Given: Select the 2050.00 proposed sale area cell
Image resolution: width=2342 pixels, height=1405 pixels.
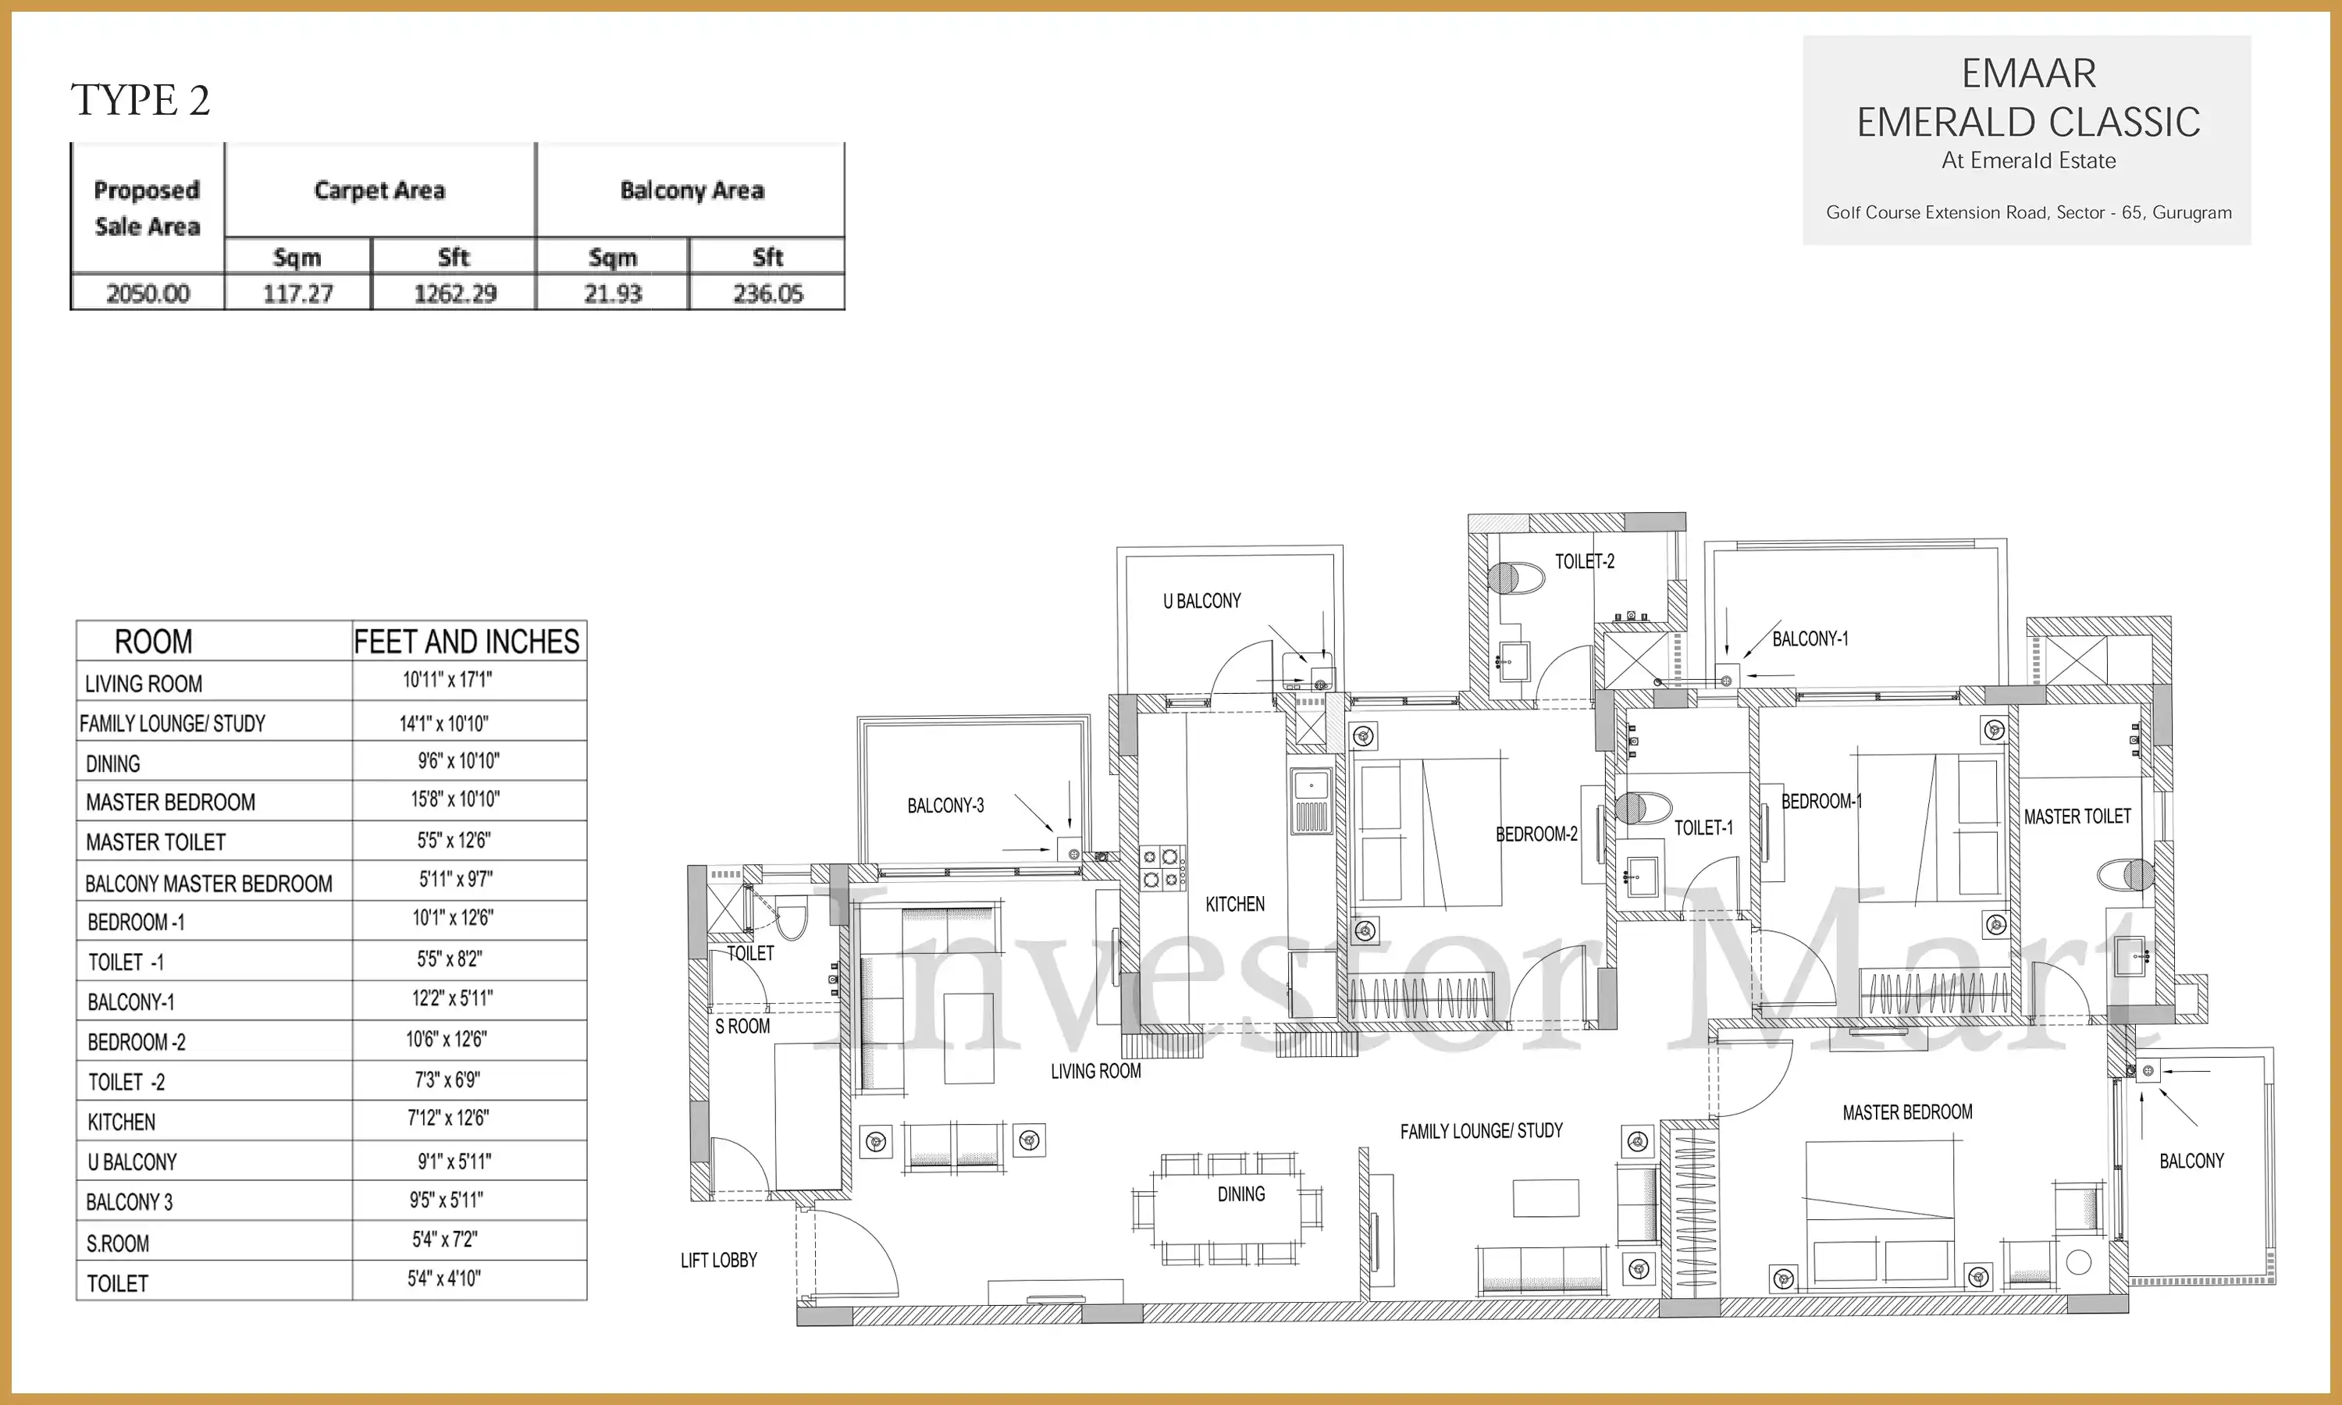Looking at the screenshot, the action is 148,293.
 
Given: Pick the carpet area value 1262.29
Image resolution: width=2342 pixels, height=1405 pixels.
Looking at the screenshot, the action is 454,293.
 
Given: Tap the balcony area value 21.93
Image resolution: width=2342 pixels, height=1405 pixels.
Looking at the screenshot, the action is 613,293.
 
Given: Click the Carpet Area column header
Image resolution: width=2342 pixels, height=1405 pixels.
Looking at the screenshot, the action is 379,190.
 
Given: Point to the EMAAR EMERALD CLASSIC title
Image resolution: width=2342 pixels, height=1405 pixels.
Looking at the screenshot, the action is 2027,98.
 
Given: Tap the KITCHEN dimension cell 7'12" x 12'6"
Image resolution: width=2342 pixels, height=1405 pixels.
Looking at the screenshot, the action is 448,1118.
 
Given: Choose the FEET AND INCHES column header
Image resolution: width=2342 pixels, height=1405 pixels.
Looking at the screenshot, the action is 466,642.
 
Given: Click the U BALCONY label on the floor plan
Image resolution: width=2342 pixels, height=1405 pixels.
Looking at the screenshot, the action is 1201,601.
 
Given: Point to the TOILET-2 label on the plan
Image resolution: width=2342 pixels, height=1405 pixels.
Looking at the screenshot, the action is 1585,561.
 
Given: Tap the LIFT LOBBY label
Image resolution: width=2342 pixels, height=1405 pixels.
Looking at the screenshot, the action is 718,1260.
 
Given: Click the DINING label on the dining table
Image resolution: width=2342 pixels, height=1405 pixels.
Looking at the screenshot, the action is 1241,1194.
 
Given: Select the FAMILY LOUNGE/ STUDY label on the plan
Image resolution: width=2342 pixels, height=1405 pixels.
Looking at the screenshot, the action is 1482,1130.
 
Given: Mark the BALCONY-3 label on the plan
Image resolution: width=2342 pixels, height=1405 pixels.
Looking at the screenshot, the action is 945,806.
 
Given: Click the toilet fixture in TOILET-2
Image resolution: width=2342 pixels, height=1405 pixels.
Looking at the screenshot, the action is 1514,578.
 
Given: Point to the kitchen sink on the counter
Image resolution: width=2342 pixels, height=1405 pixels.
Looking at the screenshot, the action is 1311,800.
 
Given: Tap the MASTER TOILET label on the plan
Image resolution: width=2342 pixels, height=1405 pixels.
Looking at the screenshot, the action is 2077,816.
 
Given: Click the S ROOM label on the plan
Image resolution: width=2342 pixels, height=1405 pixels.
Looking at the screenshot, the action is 742,1026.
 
